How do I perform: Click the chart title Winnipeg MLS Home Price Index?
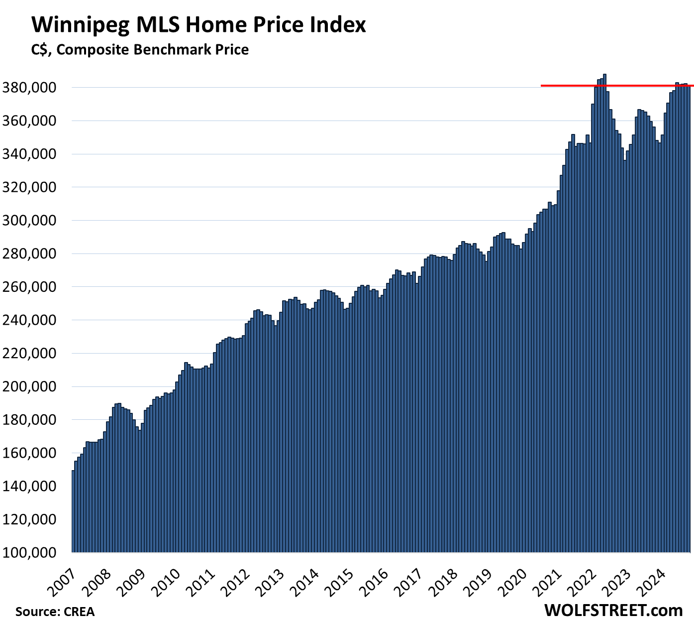tap(198, 24)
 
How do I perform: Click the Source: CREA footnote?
tap(55, 611)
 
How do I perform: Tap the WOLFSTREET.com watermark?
tap(613, 610)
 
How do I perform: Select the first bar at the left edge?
tap(73, 513)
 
